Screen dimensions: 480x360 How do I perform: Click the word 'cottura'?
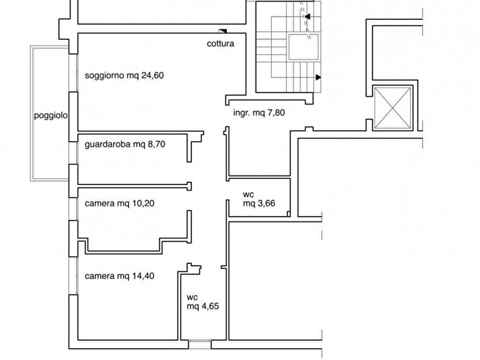220,43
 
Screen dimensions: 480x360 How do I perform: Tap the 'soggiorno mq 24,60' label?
124,75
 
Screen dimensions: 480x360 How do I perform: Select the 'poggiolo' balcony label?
51,116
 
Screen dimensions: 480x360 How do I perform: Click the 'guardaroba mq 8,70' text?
125,144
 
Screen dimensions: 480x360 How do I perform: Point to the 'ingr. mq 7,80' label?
259,112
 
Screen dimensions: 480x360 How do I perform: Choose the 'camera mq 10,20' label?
119,203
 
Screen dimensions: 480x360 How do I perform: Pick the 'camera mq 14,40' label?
119,276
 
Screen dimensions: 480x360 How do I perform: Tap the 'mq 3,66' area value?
259,203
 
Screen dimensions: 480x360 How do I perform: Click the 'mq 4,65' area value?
203,306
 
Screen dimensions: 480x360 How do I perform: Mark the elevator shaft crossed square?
392,108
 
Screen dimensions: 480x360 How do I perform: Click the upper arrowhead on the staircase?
307,16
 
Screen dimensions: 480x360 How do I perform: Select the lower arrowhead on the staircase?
318,77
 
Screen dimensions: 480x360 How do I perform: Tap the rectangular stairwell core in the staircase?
303,47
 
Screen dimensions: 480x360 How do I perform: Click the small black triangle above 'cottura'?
223,31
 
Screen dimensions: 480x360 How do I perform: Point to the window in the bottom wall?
200,344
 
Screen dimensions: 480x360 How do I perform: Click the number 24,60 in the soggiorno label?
152,75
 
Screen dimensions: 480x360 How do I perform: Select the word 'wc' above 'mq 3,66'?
248,194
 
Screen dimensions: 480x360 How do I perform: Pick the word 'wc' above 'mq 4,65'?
192,297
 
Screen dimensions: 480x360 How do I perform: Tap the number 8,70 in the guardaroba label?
156,144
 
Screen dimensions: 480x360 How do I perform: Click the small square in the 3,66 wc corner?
289,214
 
